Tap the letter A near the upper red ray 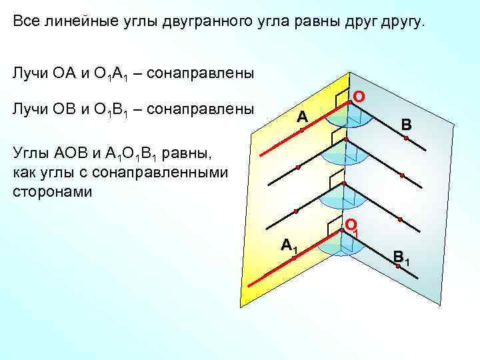pyautogui.click(x=303, y=117)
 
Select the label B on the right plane pyautogui.click(x=406, y=124)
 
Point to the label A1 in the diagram pyautogui.click(x=289, y=245)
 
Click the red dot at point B pyautogui.click(x=405, y=137)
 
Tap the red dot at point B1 pyautogui.click(x=397, y=266)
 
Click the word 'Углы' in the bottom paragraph pyautogui.click(x=31, y=155)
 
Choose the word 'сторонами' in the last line pyautogui.click(x=53, y=191)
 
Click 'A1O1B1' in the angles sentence pyautogui.click(x=134, y=156)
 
